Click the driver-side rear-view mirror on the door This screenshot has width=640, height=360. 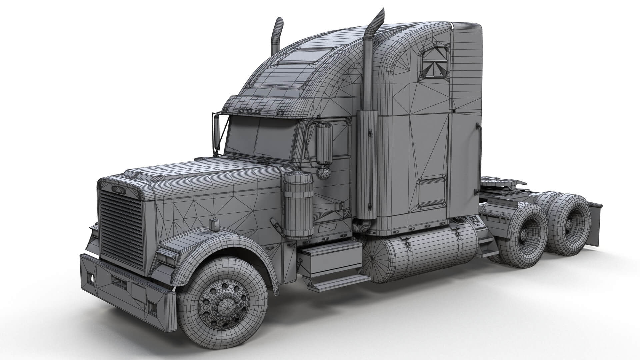(x=324, y=144)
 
